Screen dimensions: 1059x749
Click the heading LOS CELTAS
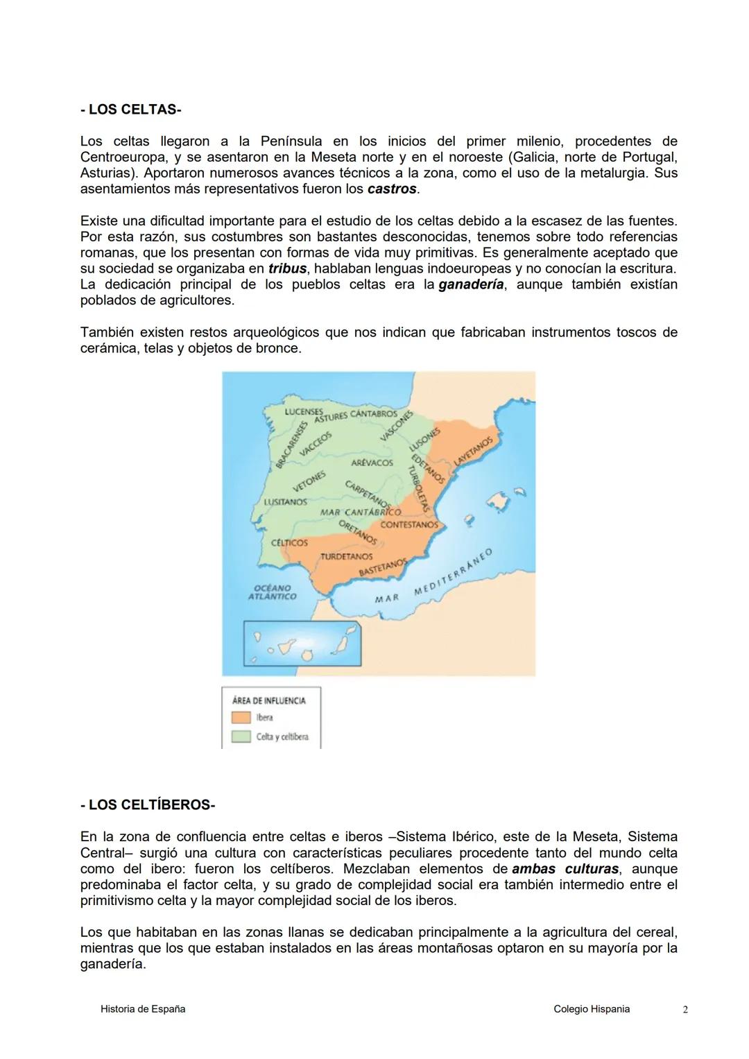click(x=130, y=110)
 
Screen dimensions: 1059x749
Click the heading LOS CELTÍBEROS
click(x=148, y=804)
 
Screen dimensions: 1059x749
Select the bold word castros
click(x=393, y=189)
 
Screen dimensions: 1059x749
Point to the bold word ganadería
click(x=471, y=284)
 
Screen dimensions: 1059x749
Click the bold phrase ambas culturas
click(x=565, y=869)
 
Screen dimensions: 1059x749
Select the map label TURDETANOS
click(x=346, y=556)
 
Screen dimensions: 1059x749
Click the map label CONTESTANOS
click(x=409, y=525)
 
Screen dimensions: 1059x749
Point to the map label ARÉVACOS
click(x=372, y=463)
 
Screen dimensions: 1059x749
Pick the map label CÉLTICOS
click(x=289, y=542)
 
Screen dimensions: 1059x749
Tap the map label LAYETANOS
click(x=473, y=451)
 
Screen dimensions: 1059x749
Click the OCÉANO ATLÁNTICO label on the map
click(x=272, y=592)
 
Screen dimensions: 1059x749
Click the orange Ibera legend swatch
click(x=241, y=718)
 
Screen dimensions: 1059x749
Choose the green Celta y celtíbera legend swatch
click(x=241, y=737)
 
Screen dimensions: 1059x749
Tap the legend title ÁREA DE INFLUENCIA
click(x=269, y=700)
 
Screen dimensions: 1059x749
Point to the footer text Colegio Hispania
click(x=592, y=1009)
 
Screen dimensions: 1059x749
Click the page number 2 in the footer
click(x=685, y=1010)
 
